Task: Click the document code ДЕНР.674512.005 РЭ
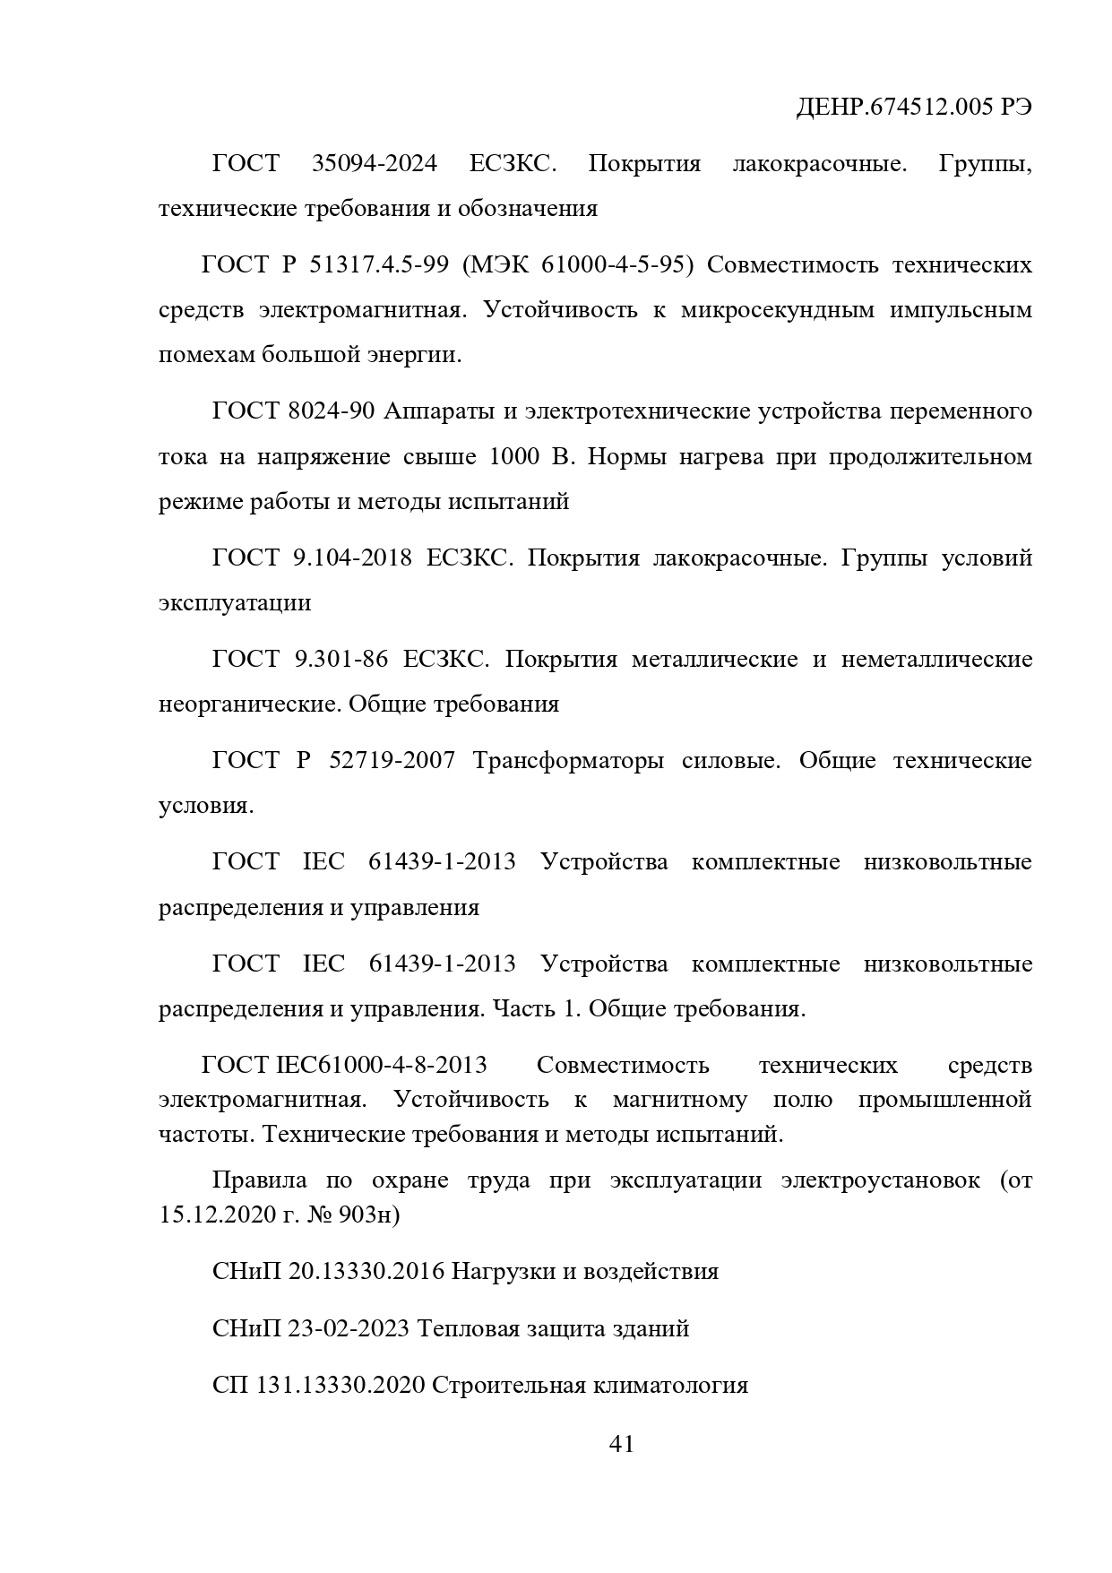tap(913, 108)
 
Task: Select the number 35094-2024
tap(375, 164)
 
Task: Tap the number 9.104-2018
tap(352, 557)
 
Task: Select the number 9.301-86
tap(340, 660)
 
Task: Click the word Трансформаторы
tap(568, 761)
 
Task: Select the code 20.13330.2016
tap(366, 1271)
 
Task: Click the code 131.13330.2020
tap(340, 1385)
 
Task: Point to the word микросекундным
tap(777, 310)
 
